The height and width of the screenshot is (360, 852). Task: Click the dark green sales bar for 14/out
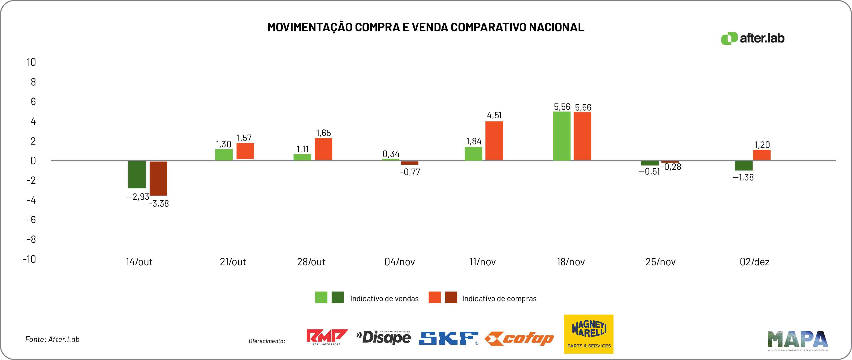click(x=137, y=174)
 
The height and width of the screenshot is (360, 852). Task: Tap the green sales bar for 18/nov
click(x=562, y=136)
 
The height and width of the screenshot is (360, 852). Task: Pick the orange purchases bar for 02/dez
click(x=762, y=155)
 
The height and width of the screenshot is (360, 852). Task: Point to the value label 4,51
click(x=494, y=115)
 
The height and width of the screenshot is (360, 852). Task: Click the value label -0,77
click(x=410, y=172)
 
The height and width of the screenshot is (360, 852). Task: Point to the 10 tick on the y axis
click(x=31, y=62)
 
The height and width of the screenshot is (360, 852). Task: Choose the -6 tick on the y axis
click(x=31, y=219)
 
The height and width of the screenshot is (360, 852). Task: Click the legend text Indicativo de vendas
click(x=384, y=299)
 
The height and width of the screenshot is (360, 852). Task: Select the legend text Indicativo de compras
click(x=499, y=299)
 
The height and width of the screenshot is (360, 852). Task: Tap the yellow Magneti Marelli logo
click(x=588, y=334)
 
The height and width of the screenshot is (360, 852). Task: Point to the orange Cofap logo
click(x=519, y=339)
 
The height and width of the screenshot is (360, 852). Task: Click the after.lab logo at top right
click(x=753, y=38)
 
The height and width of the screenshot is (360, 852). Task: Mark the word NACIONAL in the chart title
click(x=556, y=27)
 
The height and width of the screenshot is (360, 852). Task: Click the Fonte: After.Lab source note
click(x=52, y=339)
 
